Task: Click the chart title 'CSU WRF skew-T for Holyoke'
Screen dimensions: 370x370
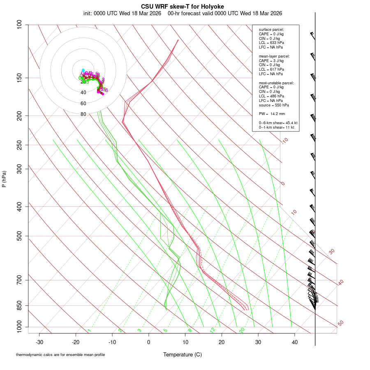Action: (183, 7)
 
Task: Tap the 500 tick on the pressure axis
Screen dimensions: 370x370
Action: (19, 236)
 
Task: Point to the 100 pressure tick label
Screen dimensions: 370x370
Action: (19, 25)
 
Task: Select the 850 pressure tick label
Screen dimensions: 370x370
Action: (19, 305)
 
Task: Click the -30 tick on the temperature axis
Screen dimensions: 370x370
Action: (39, 342)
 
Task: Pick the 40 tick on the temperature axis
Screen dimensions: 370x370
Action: (295, 342)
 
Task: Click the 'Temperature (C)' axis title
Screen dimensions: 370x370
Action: (183, 354)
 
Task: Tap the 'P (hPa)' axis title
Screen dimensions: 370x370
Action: (4, 179)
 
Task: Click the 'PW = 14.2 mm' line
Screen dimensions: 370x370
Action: (272, 114)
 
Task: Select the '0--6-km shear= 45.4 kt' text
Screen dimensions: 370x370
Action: (278, 123)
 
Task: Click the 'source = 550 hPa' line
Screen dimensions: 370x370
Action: (274, 105)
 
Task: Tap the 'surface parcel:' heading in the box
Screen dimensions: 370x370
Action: (271, 30)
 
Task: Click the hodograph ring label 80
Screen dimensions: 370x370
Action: (83, 114)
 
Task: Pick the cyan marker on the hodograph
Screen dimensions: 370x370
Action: (83, 70)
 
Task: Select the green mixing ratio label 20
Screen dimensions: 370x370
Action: (242, 330)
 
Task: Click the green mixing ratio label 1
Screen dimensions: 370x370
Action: (89, 331)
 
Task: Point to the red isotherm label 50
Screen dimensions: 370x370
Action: (340, 324)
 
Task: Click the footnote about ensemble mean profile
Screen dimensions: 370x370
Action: (60, 355)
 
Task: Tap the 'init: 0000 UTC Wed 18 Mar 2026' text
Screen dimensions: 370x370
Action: (122, 13)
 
